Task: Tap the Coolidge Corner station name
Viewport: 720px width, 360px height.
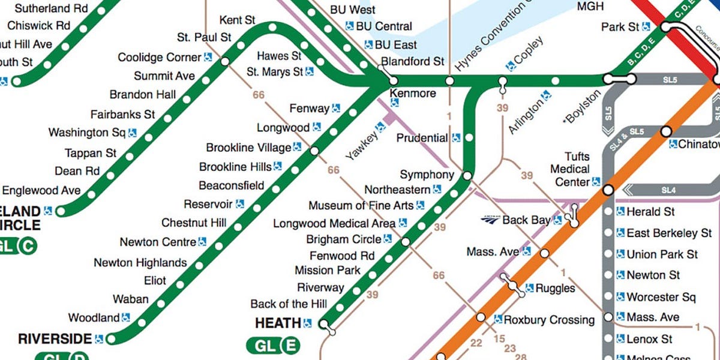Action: point(159,58)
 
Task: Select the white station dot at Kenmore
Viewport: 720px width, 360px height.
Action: point(394,80)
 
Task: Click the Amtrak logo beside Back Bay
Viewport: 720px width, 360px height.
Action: point(490,220)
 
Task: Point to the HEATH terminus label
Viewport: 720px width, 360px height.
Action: point(278,323)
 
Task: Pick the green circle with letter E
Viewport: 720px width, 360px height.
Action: point(290,346)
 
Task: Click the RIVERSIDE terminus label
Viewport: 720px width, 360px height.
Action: point(55,338)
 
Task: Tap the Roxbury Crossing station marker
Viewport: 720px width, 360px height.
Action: point(481,317)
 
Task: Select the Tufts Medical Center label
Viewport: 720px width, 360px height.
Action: point(569,169)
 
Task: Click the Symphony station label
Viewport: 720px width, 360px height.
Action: point(427,175)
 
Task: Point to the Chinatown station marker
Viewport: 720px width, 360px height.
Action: point(665,131)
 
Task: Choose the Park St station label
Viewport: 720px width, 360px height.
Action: point(620,27)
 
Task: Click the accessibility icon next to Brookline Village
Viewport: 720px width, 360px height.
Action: point(297,147)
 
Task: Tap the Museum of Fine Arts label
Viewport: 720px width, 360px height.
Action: point(361,206)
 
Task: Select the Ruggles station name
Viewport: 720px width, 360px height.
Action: point(555,289)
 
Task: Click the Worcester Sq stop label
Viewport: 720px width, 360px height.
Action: point(661,297)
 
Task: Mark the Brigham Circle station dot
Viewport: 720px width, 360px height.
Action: point(406,242)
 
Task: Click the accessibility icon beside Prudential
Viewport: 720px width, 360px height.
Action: point(456,138)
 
